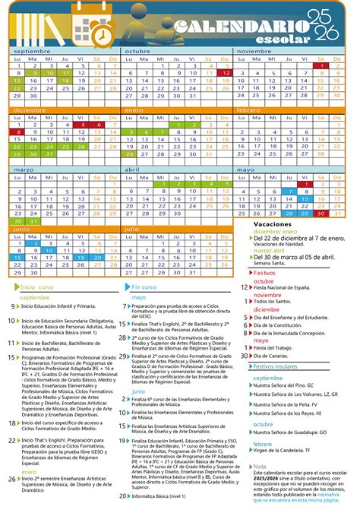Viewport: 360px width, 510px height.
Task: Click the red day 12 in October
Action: pos(226,73)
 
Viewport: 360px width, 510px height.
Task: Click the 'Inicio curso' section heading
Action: pos(37,266)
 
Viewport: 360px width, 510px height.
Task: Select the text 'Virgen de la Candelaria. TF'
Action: pos(288,452)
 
